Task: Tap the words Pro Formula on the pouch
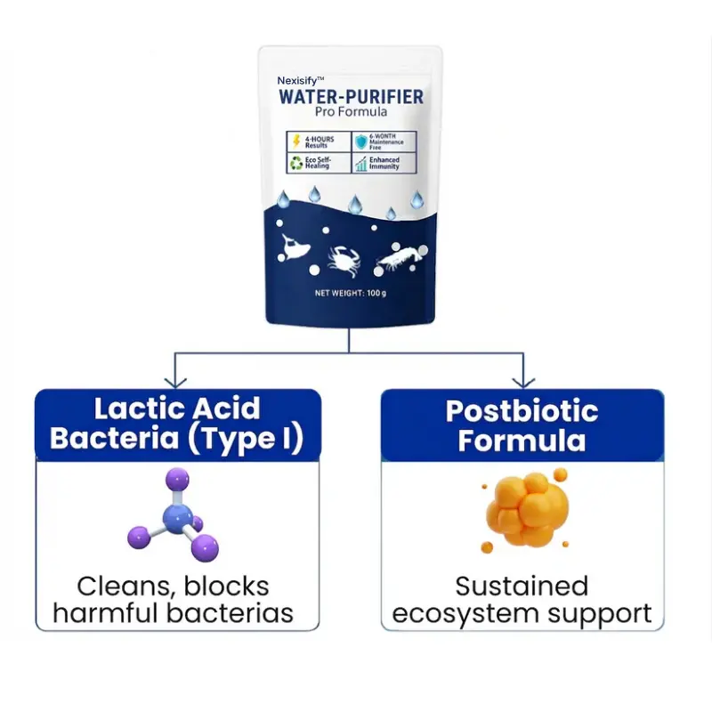pyautogui.click(x=350, y=111)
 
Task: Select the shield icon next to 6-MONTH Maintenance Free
pyautogui.click(x=361, y=142)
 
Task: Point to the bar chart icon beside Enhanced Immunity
pyautogui.click(x=361, y=163)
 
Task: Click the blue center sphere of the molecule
pyautogui.click(x=177, y=516)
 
